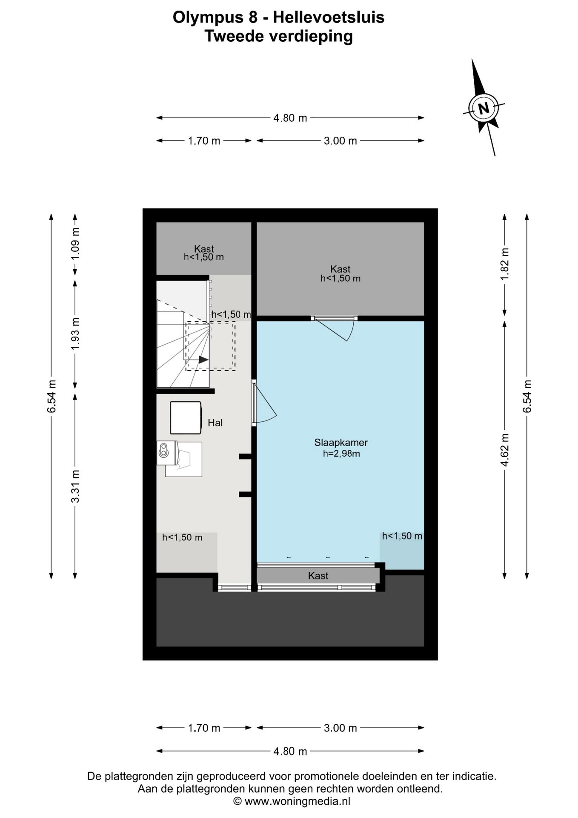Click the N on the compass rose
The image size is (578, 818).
point(484,108)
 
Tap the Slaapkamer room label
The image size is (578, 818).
point(341,443)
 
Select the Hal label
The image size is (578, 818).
point(215,423)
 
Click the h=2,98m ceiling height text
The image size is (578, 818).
point(341,454)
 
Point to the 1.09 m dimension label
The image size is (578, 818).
point(75,244)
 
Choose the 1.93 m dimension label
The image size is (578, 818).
point(75,334)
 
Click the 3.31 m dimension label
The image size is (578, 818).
point(75,486)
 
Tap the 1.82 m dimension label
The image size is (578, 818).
point(505,264)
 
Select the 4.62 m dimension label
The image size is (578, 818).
point(505,450)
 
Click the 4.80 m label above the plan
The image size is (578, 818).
point(290,118)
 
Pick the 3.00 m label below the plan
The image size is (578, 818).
point(341,728)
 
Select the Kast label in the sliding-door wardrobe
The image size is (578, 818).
point(318,576)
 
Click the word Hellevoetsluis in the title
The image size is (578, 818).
point(329,17)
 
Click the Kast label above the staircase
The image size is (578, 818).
point(204,248)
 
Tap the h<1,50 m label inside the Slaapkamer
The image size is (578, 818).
point(402,536)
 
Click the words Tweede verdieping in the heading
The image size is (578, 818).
point(279,36)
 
